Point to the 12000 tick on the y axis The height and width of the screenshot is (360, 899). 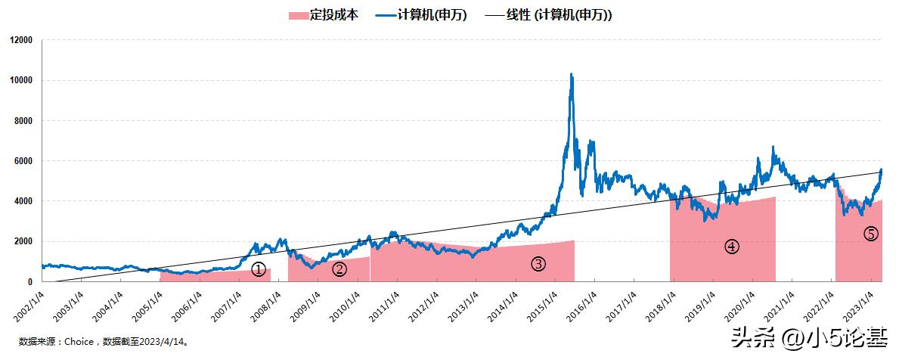pos(21,40)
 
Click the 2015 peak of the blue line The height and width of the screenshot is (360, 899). pos(571,75)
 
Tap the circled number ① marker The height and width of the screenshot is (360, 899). pos(259,269)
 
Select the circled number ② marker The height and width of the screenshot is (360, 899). pos(339,268)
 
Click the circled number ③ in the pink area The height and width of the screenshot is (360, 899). pos(538,264)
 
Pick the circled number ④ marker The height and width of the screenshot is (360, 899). pos(731,247)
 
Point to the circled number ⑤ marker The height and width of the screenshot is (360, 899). pos(870,234)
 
